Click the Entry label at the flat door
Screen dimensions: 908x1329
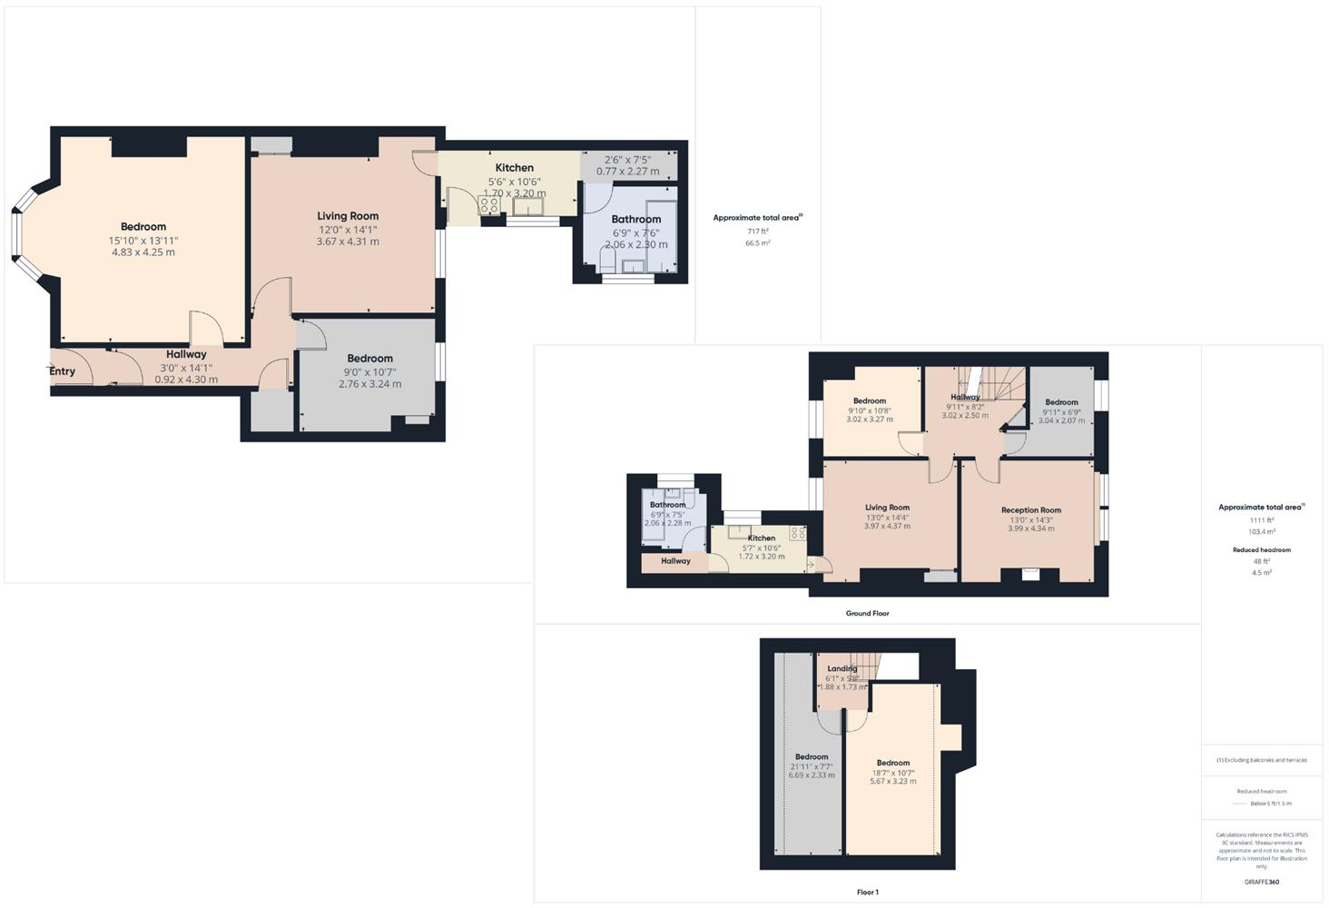tap(62, 371)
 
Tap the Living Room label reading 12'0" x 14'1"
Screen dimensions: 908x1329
tap(348, 216)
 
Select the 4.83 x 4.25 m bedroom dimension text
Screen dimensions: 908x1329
tap(143, 252)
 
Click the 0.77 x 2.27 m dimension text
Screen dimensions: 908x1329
tap(627, 172)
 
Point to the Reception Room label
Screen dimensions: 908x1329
tap(1031, 510)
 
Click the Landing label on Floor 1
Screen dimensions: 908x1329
tap(842, 669)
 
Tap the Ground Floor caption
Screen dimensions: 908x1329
tap(867, 614)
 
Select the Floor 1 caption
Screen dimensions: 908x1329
tap(867, 893)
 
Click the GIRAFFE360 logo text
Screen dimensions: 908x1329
tap(1261, 882)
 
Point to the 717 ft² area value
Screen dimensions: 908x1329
tap(757, 232)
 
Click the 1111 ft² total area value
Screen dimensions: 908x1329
tap(1262, 520)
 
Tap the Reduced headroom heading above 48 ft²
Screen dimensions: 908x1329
tap(1261, 550)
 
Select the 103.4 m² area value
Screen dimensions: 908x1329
tap(1262, 532)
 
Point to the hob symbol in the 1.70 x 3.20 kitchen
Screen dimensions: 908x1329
tap(488, 205)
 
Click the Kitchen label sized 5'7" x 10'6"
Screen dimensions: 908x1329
tap(762, 538)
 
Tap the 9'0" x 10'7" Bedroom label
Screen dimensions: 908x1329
tap(369, 359)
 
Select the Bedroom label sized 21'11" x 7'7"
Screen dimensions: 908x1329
tap(812, 757)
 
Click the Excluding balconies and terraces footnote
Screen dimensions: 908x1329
tap(1263, 760)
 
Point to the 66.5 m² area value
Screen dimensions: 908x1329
tap(757, 243)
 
